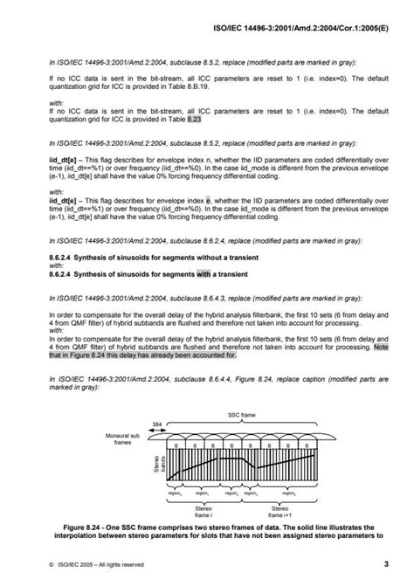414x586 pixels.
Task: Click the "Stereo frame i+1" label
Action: coord(279,511)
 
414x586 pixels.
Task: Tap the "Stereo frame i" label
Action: coord(204,511)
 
